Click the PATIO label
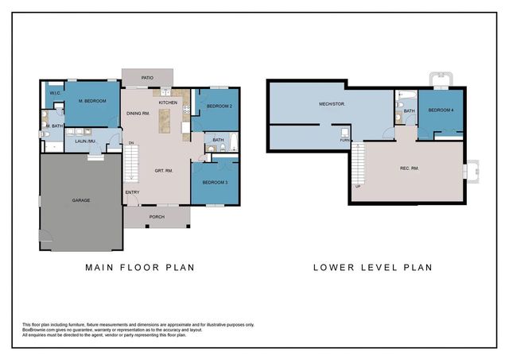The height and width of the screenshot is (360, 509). [147, 78]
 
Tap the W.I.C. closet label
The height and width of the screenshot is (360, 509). [55, 94]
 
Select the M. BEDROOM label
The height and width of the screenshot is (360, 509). [91, 101]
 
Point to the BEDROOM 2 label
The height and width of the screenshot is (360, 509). [219, 106]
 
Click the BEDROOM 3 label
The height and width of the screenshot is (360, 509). [215, 183]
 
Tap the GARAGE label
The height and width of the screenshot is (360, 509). [80, 199]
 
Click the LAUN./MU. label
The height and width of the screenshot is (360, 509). [86, 141]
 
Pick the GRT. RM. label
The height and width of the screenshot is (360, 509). [165, 171]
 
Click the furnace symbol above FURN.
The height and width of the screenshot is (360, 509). [344, 131]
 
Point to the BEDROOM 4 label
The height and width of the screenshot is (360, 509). [441, 110]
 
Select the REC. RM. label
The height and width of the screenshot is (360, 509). [410, 168]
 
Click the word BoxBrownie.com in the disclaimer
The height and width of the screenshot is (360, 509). [39, 330]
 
